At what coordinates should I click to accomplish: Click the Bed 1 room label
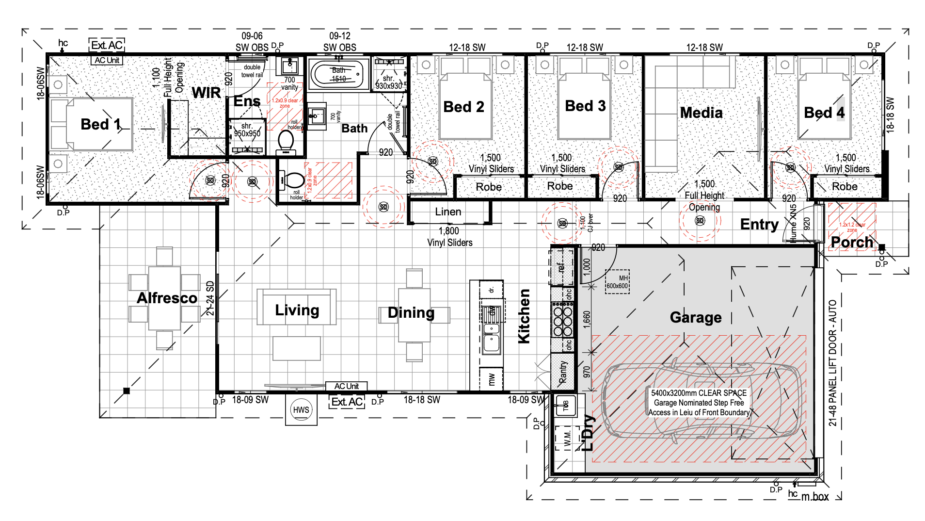(100, 124)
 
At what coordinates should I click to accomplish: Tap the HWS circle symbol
(301, 410)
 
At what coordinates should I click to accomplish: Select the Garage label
(695, 317)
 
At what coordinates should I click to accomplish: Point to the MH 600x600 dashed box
(617, 282)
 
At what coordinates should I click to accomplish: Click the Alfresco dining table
(164, 298)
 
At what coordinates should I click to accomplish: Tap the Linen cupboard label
(447, 212)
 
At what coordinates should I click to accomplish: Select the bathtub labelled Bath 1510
(338, 74)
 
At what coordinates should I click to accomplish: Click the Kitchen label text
(524, 316)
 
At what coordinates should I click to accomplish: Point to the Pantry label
(563, 372)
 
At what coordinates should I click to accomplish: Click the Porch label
(852, 242)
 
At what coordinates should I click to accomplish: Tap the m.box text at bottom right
(815, 497)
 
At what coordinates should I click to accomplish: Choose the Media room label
(701, 113)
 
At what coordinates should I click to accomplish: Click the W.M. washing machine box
(568, 439)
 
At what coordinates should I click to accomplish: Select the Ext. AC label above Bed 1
(107, 45)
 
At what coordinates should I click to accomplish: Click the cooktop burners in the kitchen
(563, 319)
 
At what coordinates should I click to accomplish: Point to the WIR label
(206, 93)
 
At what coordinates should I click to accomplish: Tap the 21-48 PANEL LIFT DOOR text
(832, 363)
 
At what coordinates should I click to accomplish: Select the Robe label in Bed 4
(845, 187)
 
